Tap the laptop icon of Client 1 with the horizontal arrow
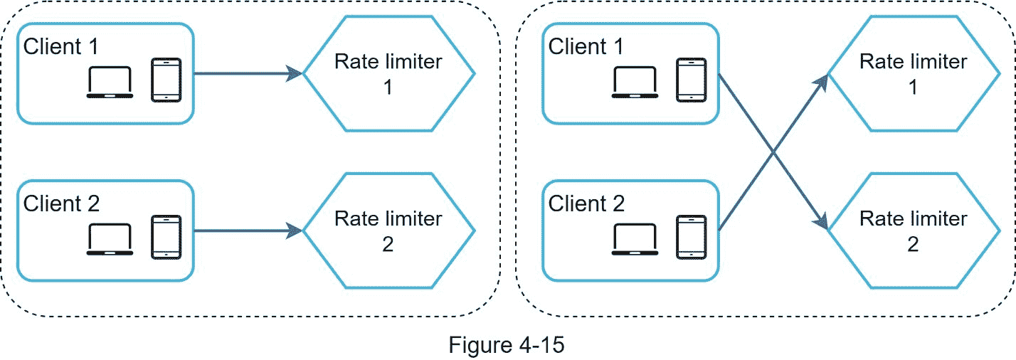(110, 82)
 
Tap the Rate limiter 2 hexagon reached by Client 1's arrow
(914, 231)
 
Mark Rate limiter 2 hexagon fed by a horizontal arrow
(388, 231)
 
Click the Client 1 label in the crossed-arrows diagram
(587, 47)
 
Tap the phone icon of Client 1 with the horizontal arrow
(165, 80)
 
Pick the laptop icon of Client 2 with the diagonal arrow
(635, 240)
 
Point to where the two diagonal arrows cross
(773, 152)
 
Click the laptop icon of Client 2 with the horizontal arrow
(110, 240)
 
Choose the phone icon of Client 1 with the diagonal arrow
(691, 80)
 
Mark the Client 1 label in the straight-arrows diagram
(62, 47)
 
